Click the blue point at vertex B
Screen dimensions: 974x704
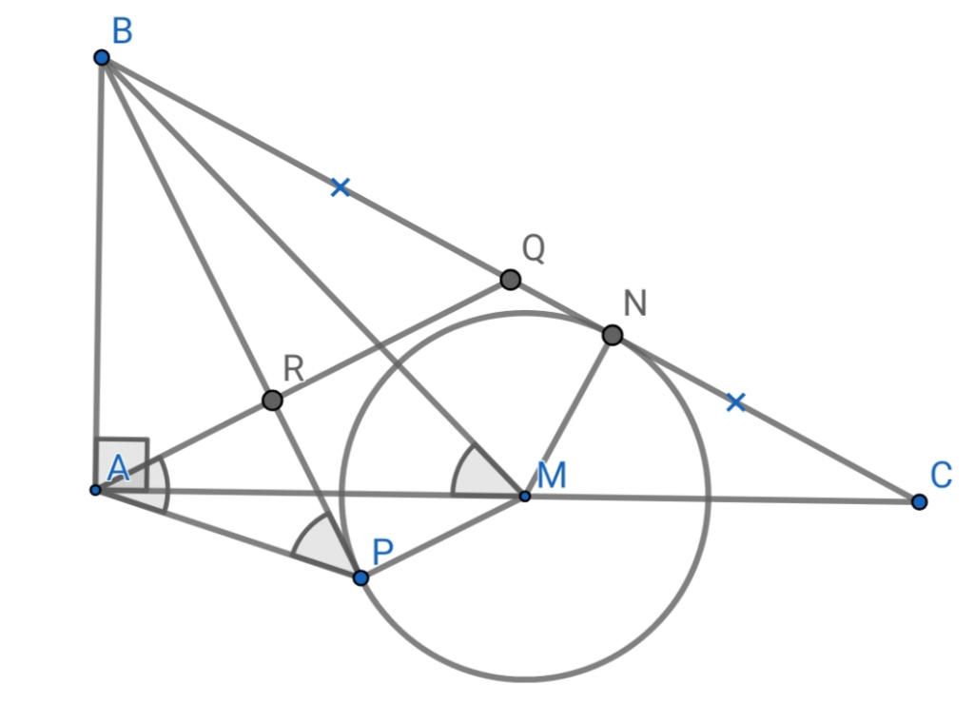[x=102, y=58]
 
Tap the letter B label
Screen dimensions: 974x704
[x=123, y=31]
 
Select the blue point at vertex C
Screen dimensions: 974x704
[x=920, y=501]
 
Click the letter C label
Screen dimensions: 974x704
[x=941, y=476]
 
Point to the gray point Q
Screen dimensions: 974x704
[x=511, y=280]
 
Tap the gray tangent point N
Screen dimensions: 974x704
[x=613, y=335]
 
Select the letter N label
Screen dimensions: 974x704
[x=634, y=303]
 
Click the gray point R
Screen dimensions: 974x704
[x=272, y=401]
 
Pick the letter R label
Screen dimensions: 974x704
[x=294, y=369]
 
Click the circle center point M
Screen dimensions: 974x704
[x=525, y=496]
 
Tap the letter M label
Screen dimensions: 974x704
[x=552, y=476]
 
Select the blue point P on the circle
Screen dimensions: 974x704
[x=360, y=577]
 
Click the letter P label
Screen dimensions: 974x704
[x=382, y=552]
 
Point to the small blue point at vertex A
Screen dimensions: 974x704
[x=95, y=490]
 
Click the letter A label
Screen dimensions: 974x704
[x=118, y=468]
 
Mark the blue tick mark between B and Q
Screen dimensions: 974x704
[x=340, y=186]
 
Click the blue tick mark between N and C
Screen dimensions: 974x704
[x=735, y=402]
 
